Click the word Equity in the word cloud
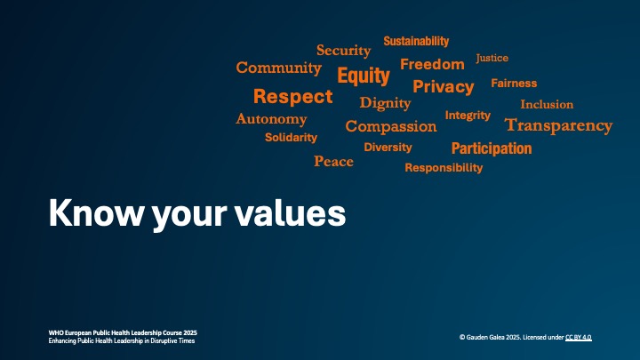click(364, 76)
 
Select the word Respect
click(292, 97)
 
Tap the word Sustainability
click(416, 41)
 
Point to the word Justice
click(492, 58)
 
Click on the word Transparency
click(558, 125)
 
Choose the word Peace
click(333, 161)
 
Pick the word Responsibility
click(444, 167)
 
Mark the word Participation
click(491, 148)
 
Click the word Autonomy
click(271, 119)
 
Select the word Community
click(278, 68)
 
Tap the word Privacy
click(443, 86)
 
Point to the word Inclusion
click(547, 104)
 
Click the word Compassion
click(390, 126)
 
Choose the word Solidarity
click(291, 138)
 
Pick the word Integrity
click(468, 116)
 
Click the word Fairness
click(514, 83)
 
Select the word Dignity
click(385, 103)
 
